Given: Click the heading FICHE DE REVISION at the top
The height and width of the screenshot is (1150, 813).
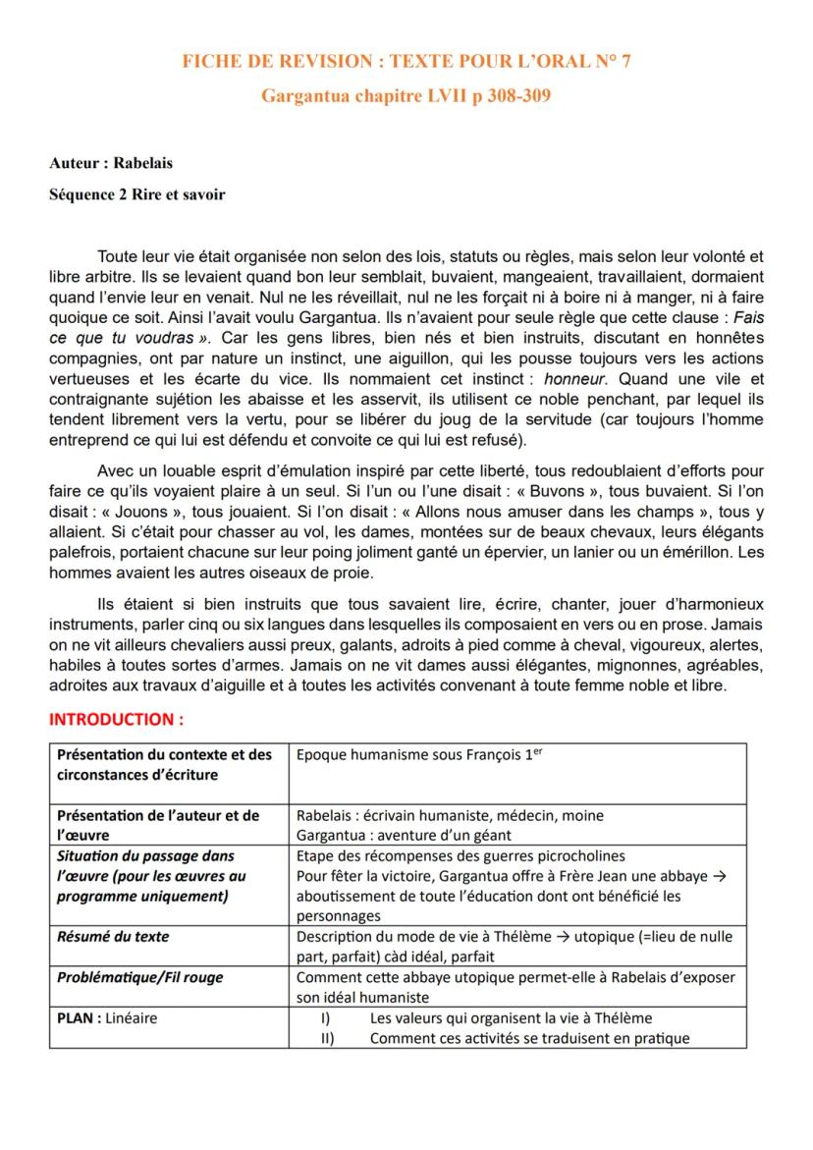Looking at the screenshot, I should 275,62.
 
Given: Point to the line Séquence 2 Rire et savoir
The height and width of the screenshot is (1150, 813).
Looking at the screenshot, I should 137,194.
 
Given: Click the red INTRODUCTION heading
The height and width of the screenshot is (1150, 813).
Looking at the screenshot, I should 117,719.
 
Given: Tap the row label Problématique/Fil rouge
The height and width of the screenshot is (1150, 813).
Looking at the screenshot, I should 140,977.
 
